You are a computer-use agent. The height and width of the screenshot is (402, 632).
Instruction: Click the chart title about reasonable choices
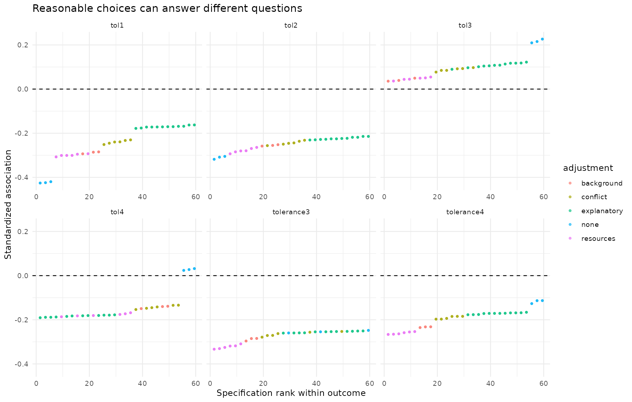click(x=167, y=9)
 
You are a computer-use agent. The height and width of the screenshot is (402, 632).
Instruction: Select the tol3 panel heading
click(x=465, y=25)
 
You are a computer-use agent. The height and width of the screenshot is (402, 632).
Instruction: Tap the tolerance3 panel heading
click(x=291, y=212)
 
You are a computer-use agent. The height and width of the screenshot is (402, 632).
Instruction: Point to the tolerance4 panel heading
click(x=465, y=212)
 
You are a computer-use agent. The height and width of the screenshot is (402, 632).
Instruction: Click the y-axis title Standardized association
click(x=8, y=204)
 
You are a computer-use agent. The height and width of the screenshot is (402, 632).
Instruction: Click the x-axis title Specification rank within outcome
click(x=291, y=393)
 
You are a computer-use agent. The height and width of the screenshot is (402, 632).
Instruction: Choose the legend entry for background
click(x=596, y=183)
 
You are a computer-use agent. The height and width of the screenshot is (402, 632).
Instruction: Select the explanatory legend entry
click(x=596, y=211)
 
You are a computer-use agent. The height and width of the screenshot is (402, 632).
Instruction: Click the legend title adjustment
click(x=588, y=168)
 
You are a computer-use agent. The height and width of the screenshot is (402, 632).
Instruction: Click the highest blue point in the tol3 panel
click(x=542, y=39)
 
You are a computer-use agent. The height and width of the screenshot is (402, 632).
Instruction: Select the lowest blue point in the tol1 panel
click(x=40, y=183)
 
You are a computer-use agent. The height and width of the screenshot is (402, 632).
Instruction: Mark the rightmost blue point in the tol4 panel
click(x=194, y=268)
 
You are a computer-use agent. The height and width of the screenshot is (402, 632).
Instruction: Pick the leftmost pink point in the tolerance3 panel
click(x=214, y=349)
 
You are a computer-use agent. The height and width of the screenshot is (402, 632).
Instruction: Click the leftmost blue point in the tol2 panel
click(x=214, y=159)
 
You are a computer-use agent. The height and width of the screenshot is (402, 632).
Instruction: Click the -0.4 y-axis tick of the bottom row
click(x=22, y=364)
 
